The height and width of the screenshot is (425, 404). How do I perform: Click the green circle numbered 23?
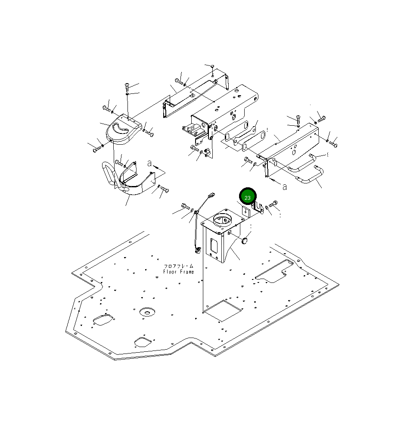[248, 197]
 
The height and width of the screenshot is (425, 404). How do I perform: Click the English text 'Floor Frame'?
[179, 272]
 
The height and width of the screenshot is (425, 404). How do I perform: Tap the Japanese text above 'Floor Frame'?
[179, 266]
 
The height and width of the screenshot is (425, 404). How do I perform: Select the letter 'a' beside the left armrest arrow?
[149, 164]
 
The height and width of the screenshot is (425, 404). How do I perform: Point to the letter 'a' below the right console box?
[284, 187]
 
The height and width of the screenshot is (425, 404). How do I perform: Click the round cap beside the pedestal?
[245, 240]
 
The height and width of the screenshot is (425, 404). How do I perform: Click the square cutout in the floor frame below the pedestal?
[222, 310]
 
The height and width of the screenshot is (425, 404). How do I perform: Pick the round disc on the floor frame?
[147, 312]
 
